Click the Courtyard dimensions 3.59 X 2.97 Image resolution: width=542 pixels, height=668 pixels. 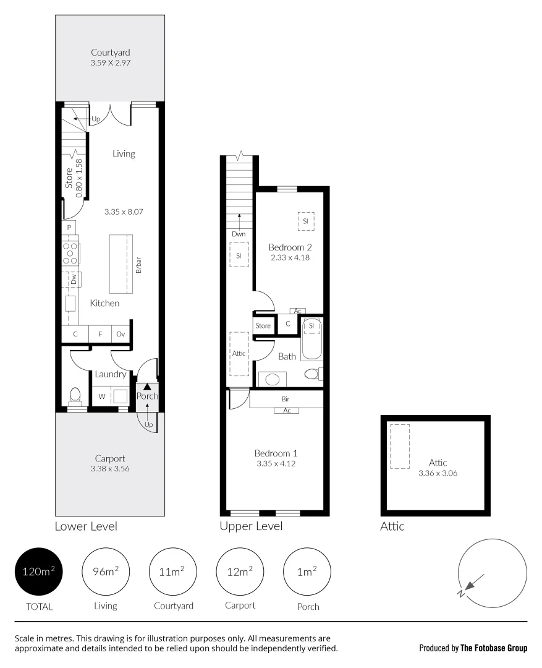click(x=111, y=63)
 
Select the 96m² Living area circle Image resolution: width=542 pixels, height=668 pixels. click(x=106, y=572)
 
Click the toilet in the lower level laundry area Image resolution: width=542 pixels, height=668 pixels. click(x=75, y=395)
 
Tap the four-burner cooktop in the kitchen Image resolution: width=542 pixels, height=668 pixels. click(x=70, y=253)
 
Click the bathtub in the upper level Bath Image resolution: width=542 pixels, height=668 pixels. click(x=311, y=340)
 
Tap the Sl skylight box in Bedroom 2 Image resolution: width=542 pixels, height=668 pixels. click(x=306, y=221)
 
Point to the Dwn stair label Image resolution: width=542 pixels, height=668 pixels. click(x=239, y=234)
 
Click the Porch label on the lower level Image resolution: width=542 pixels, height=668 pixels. click(x=147, y=396)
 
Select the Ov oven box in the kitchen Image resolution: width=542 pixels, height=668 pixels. click(x=121, y=334)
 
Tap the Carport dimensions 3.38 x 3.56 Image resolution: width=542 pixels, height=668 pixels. click(x=111, y=469)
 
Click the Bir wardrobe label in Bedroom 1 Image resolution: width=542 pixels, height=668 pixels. click(x=286, y=400)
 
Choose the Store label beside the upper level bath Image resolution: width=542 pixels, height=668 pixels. click(x=263, y=325)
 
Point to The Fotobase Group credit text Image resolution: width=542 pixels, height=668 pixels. click(x=493, y=648)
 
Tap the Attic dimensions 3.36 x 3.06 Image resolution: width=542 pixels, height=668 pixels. click(x=438, y=473)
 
